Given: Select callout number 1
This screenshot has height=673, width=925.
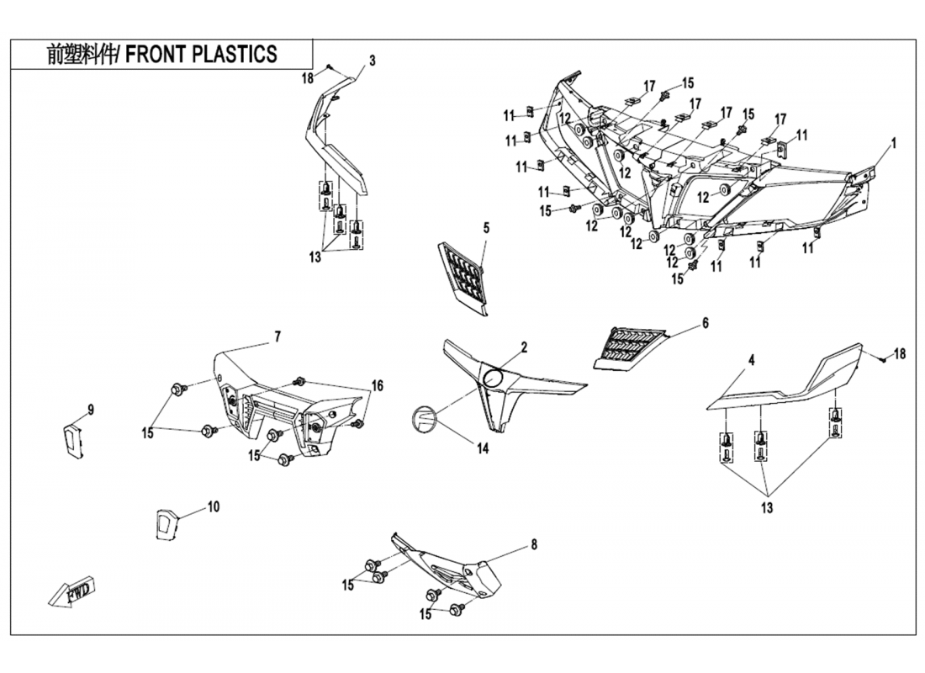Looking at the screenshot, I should point(893,143).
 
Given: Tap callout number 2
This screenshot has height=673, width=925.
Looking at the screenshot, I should point(523,347).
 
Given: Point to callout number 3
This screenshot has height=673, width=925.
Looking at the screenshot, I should point(372,61).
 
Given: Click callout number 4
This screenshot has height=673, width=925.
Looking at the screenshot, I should point(752,360).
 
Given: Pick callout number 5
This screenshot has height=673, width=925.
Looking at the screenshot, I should point(485,228).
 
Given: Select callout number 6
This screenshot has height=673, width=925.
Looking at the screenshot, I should point(705,323).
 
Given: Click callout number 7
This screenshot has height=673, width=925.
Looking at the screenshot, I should point(277,336).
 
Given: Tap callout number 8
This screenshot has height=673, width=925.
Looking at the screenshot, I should point(533,544).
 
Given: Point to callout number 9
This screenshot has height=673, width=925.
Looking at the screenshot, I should point(91,410).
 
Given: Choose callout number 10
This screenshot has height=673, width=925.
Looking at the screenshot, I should point(213,506).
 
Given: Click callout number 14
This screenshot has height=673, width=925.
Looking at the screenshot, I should point(482,448).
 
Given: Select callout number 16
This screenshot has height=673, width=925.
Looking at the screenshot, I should point(378,385).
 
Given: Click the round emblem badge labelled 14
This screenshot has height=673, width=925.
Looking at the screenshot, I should point(422,419).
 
